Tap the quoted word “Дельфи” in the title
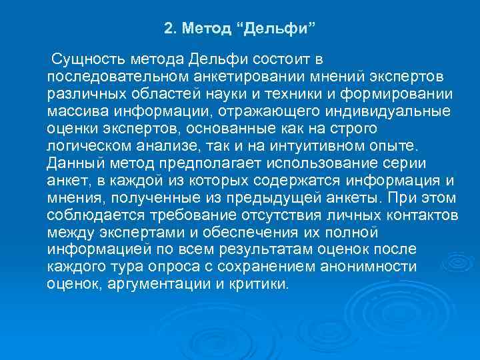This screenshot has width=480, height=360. pos(275,29)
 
